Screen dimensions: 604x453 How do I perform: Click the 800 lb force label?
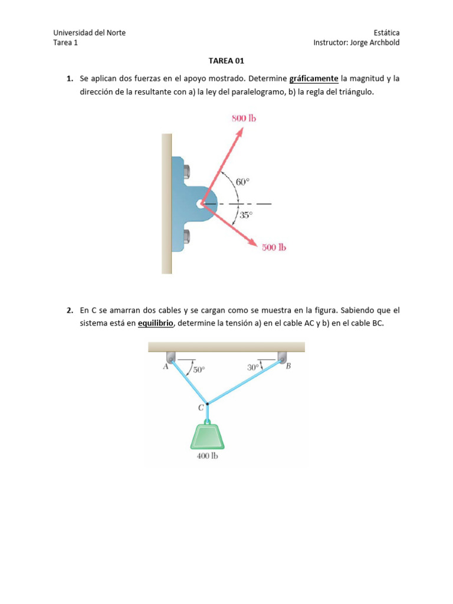(243, 118)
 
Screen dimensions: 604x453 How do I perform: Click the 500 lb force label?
(274, 248)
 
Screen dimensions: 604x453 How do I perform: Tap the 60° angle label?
(244, 182)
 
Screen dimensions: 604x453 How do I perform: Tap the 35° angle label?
(245, 215)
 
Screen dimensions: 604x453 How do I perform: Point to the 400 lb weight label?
(207, 456)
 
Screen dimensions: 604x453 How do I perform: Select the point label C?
(201, 408)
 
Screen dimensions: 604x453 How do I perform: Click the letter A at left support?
(165, 366)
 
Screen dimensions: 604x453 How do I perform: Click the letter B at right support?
(288, 366)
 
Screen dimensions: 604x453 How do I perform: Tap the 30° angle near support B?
(253, 367)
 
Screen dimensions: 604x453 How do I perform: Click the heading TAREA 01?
(226, 60)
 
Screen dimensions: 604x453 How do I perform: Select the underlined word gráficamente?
(314, 78)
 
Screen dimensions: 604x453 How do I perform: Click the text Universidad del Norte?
(89, 33)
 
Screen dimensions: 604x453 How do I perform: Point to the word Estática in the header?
(386, 33)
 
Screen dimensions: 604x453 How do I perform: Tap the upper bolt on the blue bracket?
(187, 171)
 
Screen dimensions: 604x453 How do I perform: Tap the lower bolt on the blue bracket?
(187, 237)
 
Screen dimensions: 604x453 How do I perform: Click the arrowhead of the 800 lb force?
(239, 131)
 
